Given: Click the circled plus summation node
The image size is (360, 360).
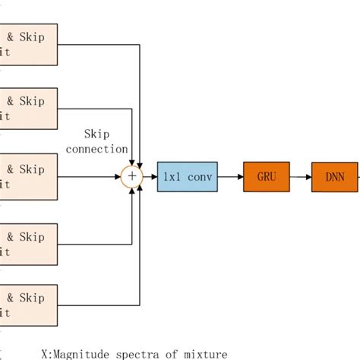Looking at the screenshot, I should point(132,176).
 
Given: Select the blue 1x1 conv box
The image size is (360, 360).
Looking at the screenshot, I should point(187,176).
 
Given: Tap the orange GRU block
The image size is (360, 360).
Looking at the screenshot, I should point(267,176).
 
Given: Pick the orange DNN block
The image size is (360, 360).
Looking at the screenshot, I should point(335,176).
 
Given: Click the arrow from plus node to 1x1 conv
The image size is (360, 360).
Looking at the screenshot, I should point(150,176).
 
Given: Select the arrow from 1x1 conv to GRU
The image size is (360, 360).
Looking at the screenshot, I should point(231,176).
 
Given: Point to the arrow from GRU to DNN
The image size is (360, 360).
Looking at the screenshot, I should point(301,176).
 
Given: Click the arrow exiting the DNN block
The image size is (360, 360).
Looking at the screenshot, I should point(358,176).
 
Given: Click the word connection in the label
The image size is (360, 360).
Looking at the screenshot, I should point(97,149).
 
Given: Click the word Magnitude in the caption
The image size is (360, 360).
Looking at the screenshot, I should point(90,353).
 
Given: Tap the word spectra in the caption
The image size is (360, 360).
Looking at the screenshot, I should point(145,353).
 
